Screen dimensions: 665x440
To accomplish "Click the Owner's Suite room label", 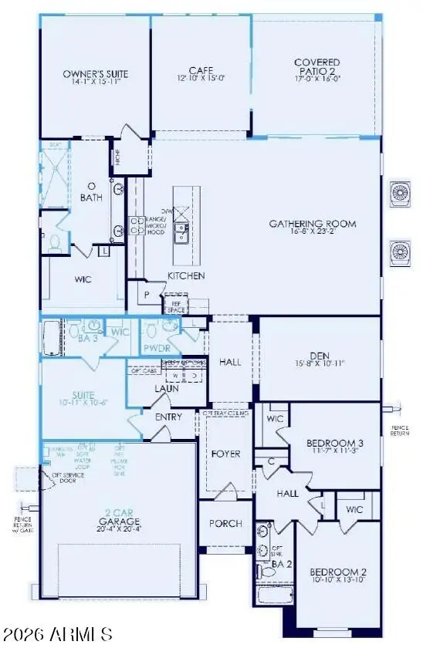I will [x=95, y=75].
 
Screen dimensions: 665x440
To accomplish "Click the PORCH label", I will [x=225, y=523].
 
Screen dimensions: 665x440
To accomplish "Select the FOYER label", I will [x=227, y=454].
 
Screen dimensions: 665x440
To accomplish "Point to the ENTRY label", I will [x=168, y=417].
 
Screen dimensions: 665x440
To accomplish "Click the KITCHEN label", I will [x=187, y=275].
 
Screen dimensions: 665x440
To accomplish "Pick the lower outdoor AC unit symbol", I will [x=401, y=251].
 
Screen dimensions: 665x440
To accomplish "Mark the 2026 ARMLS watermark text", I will [x=58, y=634].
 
